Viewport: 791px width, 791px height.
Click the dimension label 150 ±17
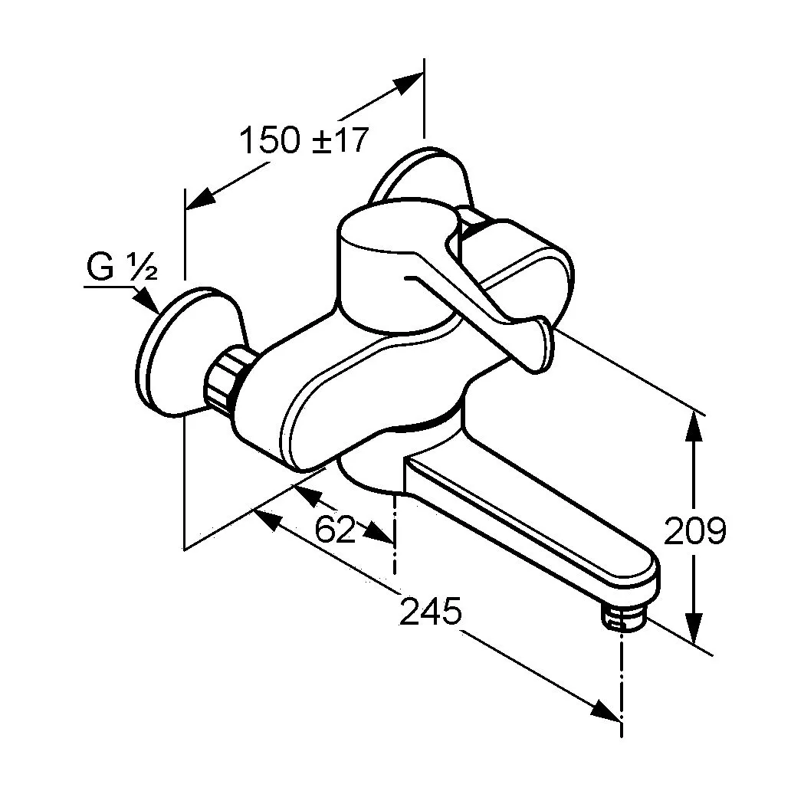[x=304, y=140]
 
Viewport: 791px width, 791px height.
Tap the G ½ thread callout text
[x=123, y=267]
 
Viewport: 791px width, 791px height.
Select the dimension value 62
[x=334, y=529]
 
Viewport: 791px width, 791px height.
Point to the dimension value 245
[x=430, y=611]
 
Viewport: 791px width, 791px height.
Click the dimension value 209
[x=695, y=530]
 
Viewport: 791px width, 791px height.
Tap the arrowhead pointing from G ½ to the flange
[x=147, y=300]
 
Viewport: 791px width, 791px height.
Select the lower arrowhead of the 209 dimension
[x=694, y=629]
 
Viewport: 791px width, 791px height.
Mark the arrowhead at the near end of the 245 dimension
[x=267, y=519]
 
